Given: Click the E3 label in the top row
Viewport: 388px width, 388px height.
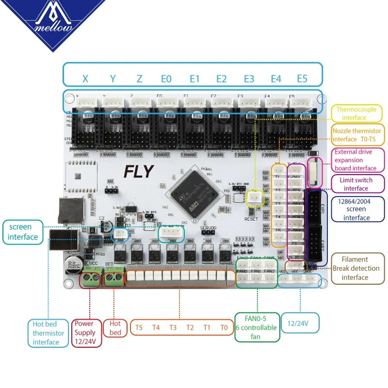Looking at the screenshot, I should point(248,79).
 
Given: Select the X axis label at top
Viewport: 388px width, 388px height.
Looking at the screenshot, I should point(85,79).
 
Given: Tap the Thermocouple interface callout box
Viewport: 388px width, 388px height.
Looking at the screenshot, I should point(356,113).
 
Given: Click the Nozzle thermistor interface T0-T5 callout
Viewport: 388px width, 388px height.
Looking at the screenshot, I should point(356,135).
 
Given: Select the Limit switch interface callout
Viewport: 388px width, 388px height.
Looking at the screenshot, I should point(356,184).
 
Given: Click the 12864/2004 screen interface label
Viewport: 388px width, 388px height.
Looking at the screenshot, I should point(356,209).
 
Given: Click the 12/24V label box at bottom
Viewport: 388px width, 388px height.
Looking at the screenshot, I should point(300,323).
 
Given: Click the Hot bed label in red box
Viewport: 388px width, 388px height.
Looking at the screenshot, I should point(115,328).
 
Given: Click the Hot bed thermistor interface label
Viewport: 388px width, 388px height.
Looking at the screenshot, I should point(48,333).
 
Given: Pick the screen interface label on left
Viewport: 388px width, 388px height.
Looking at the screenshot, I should point(23,232).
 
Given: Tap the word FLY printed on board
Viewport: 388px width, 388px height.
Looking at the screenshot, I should point(139,171).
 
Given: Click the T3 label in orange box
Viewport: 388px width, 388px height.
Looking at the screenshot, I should point(173,327).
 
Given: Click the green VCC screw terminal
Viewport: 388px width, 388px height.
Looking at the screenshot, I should point(90,278).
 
